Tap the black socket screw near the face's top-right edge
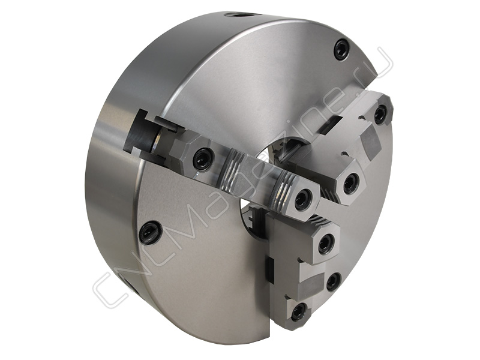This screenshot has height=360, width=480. coord(342,47)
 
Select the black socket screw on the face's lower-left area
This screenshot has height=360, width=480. coord(149,230)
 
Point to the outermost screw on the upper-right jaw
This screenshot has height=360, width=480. coord(381,114)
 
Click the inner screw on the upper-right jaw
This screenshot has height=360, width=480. coord(350,183)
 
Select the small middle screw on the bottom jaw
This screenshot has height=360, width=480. coord(333,281)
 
